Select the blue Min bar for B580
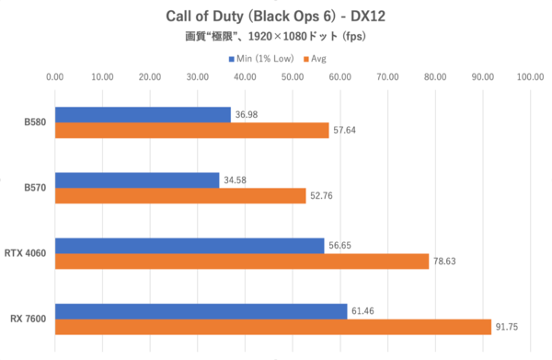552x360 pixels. click(143, 114)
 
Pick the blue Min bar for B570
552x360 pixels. click(137, 180)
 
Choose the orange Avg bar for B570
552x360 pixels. click(180, 196)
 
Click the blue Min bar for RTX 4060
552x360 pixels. click(190, 246)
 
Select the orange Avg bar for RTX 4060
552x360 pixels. click(242, 261)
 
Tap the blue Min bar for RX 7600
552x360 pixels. click(201, 311)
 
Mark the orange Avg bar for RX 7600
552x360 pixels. click(273, 327)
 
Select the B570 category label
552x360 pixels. click(36, 188)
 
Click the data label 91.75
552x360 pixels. click(508, 327)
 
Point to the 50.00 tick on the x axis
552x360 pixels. click(293, 77)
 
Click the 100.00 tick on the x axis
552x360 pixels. click(530, 77)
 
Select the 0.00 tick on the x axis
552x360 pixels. click(55, 77)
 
